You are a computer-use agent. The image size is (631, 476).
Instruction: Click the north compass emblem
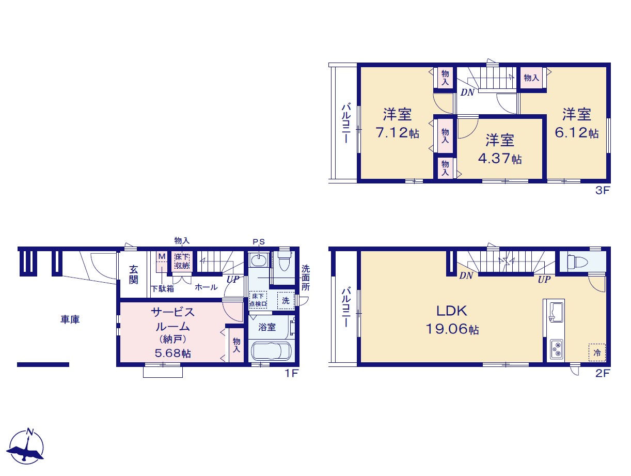[x=26, y=446]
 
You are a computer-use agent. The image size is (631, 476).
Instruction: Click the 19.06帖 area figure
[x=452, y=329]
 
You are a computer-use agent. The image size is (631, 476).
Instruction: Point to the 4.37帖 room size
[x=500, y=159]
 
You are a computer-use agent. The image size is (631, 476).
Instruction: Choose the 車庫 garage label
[x=70, y=319]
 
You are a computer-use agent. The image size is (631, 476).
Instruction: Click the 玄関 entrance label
[x=133, y=275]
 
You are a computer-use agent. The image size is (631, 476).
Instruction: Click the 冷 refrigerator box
[x=597, y=352]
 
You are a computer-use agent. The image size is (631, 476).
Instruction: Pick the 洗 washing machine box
[x=286, y=301]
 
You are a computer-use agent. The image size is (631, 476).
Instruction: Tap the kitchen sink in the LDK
[x=557, y=312]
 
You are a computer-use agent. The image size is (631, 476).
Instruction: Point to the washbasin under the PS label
[x=259, y=260]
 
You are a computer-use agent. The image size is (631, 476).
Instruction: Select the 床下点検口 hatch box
[x=258, y=300]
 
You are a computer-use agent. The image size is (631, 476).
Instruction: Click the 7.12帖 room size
[x=398, y=133]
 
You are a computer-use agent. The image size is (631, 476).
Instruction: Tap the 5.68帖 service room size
[x=173, y=353]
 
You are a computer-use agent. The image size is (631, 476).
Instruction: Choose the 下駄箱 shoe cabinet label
[x=163, y=288]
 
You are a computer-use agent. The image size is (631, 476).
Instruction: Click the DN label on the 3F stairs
[x=467, y=93]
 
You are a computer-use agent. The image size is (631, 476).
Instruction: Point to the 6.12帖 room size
[x=576, y=133]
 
